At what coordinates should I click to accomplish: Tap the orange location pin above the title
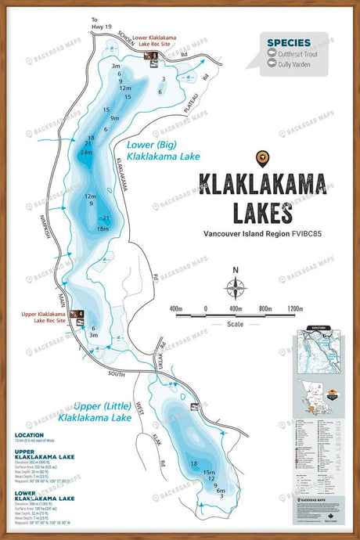[x=263, y=157]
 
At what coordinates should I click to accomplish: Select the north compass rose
[x=236, y=287]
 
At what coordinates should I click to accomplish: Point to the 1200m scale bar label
[x=294, y=308]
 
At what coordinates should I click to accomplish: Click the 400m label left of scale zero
[x=176, y=308]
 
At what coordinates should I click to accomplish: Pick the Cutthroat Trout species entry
[x=295, y=53]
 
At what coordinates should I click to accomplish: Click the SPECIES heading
[x=288, y=42]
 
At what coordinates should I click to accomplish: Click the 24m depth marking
[x=86, y=153]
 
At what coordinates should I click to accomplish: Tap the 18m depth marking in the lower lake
[x=102, y=229]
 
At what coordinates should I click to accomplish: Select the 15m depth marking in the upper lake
[x=209, y=473]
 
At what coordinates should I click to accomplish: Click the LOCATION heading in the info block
[x=29, y=435]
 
